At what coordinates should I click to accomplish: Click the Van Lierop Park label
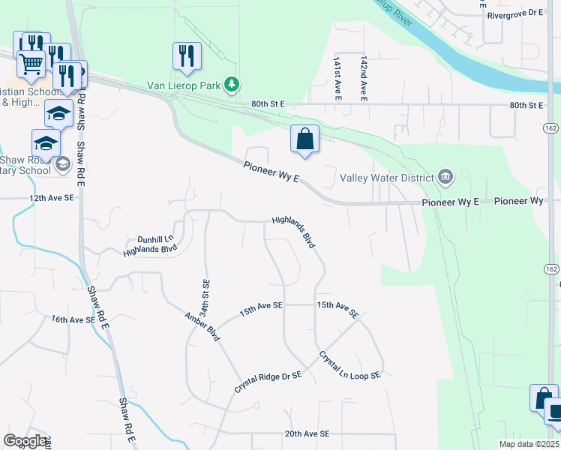pyautogui.click(x=187, y=85)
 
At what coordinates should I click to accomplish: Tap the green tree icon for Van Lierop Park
pyautogui.click(x=233, y=85)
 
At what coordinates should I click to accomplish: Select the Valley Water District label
pyautogui.click(x=387, y=178)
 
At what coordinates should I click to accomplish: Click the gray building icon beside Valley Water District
pyautogui.click(x=445, y=178)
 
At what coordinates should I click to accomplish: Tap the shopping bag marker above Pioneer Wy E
pyautogui.click(x=304, y=139)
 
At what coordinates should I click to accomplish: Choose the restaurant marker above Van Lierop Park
pyautogui.click(x=186, y=55)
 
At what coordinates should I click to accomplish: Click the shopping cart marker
pyautogui.click(x=31, y=65)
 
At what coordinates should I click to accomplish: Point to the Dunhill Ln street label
pyautogui.click(x=155, y=240)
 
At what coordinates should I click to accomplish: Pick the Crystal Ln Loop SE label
pyautogui.click(x=350, y=364)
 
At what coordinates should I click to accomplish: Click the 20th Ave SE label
pyautogui.click(x=307, y=433)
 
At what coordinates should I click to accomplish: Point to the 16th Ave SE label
pyautogui.click(x=73, y=319)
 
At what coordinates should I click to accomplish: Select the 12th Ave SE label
pyautogui.click(x=52, y=197)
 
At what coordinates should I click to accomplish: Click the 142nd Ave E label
pyautogui.click(x=363, y=77)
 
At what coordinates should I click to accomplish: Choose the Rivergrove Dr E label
pyautogui.click(x=514, y=13)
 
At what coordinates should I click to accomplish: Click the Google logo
pyautogui.click(x=25, y=441)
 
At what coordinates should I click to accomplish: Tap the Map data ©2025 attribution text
pyautogui.click(x=528, y=444)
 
